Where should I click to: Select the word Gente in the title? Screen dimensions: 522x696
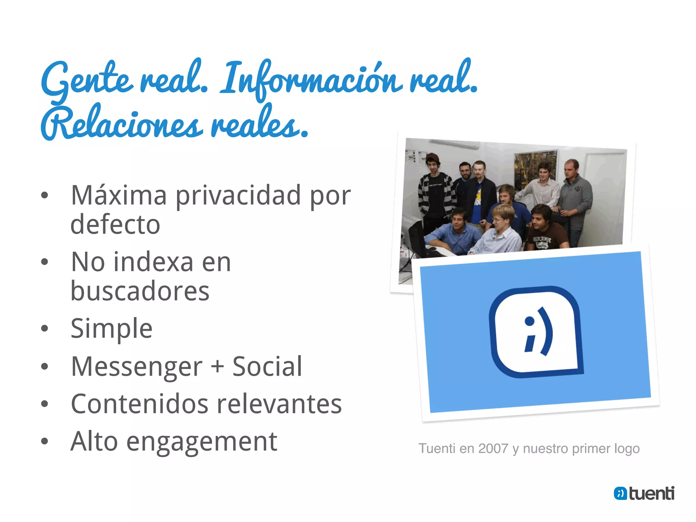click(x=87, y=80)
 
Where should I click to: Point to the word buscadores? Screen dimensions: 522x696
click(x=140, y=291)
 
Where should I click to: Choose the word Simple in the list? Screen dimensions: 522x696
click(x=111, y=329)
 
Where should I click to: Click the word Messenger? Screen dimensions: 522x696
click(x=137, y=367)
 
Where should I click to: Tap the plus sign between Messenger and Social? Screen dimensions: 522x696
click(x=217, y=367)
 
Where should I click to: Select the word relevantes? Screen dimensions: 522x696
click(x=279, y=404)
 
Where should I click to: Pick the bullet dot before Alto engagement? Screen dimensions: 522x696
click(x=45, y=441)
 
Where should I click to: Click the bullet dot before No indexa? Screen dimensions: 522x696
click(x=45, y=262)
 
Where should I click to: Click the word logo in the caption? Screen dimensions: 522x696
click(x=627, y=449)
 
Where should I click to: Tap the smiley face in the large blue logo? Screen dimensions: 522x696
click(x=539, y=331)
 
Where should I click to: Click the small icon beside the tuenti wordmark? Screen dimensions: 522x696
click(x=620, y=493)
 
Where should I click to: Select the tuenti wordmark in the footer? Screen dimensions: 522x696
click(x=651, y=493)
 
